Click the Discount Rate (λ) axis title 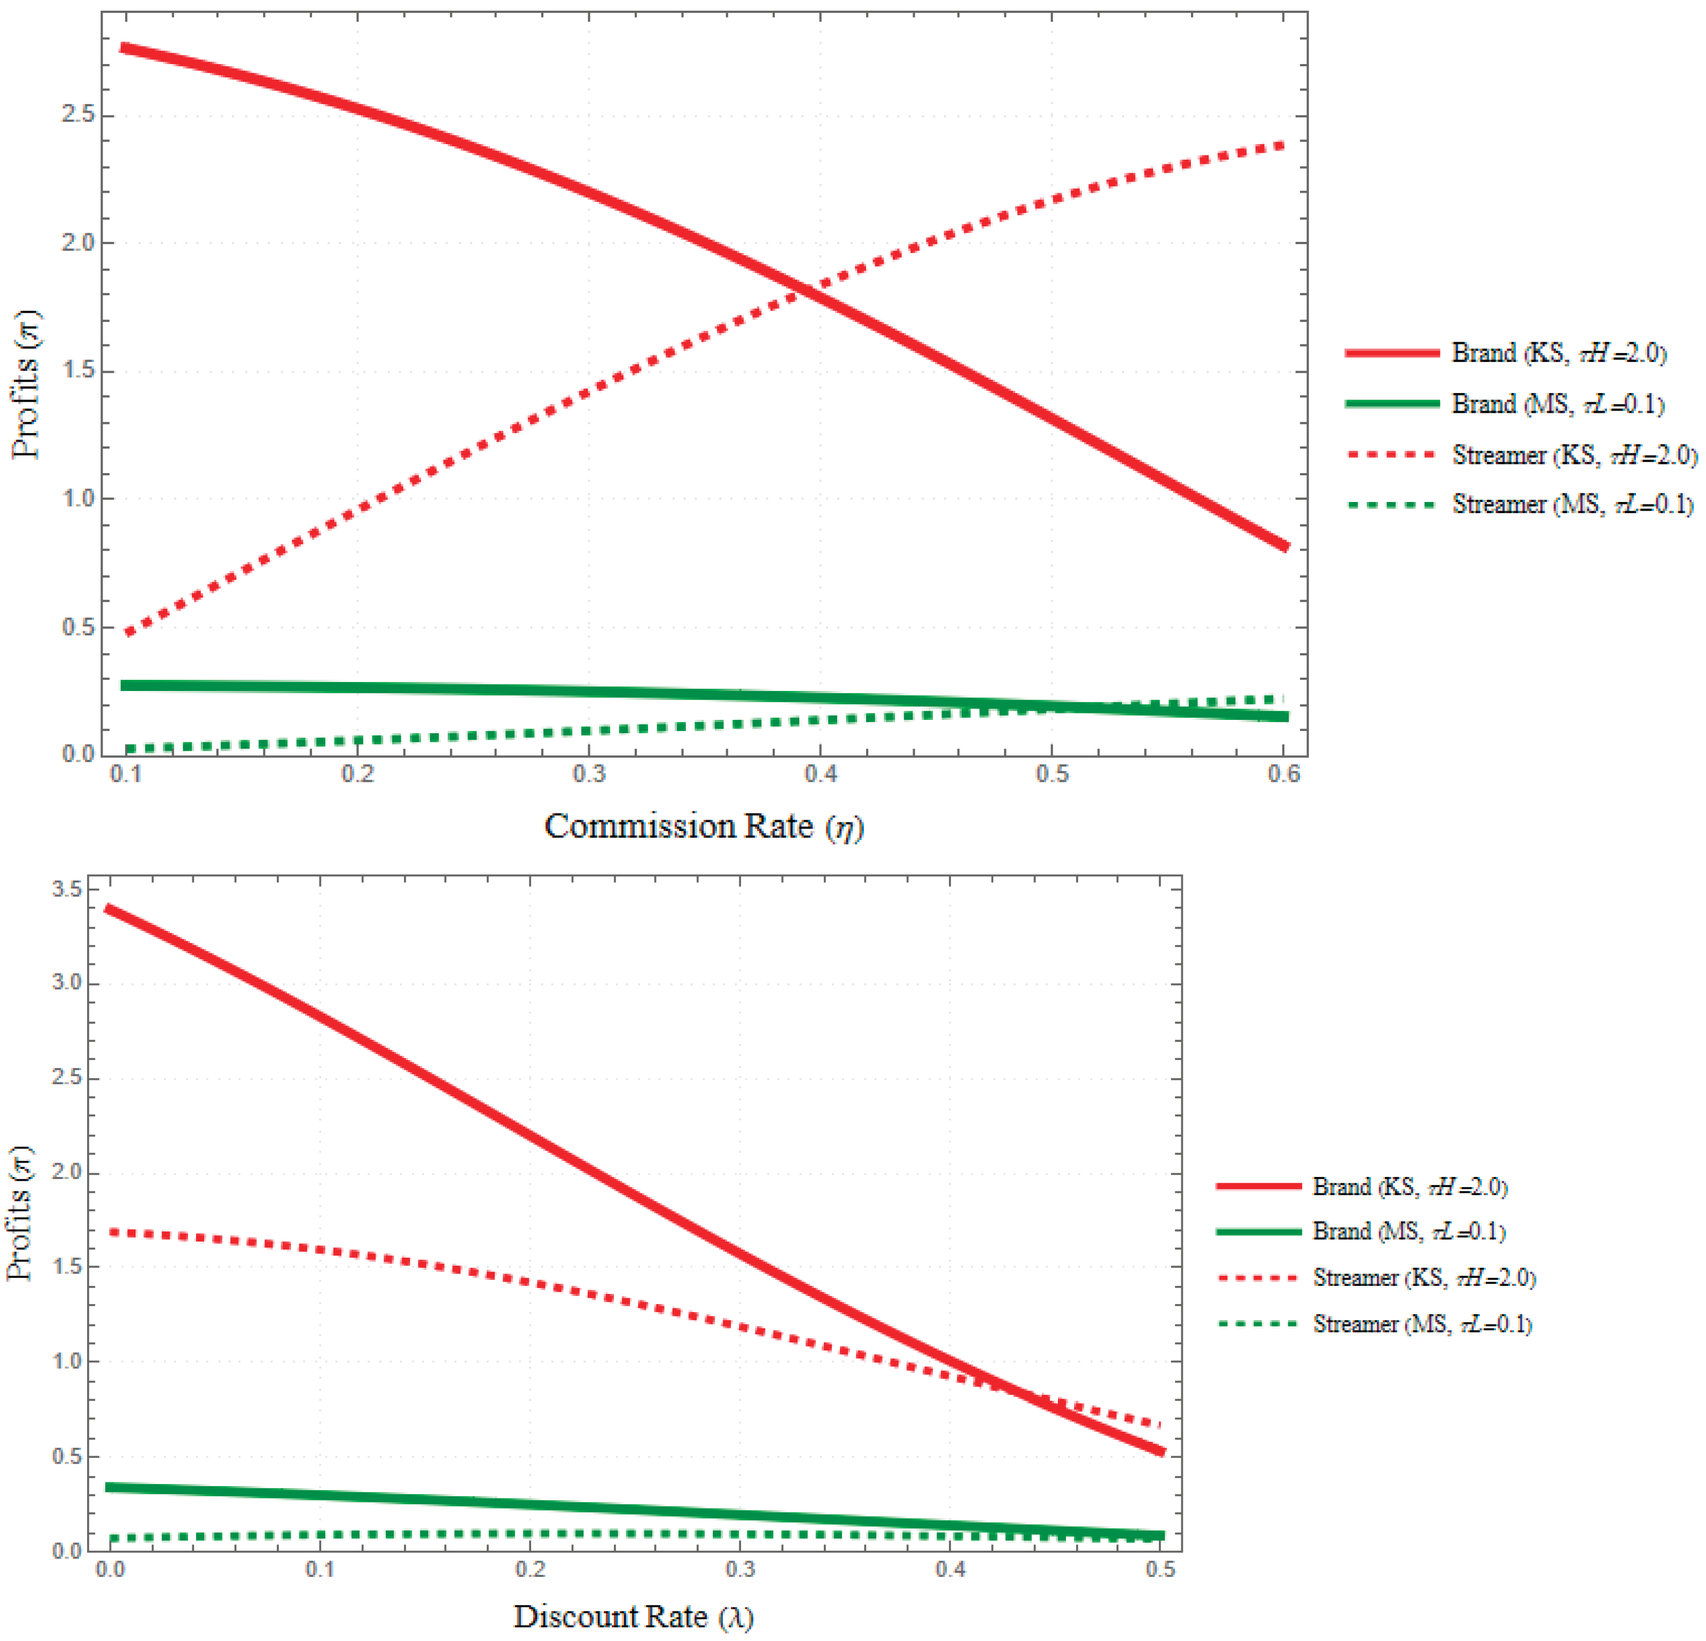(x=633, y=1616)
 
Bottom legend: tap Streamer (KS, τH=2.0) (x=1423, y=1277)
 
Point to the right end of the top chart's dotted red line (x=1283, y=144)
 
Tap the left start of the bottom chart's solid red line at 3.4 (x=107, y=908)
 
